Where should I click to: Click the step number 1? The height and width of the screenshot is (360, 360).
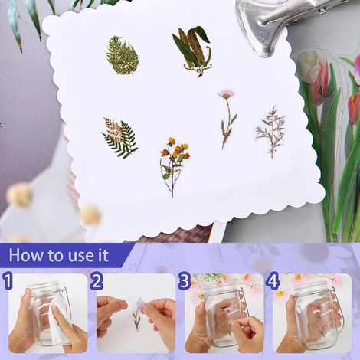tap(8, 280)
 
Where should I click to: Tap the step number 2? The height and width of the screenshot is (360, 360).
tap(97, 281)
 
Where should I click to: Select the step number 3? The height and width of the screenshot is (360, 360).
tap(185, 281)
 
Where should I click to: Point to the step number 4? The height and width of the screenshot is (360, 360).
tap(273, 281)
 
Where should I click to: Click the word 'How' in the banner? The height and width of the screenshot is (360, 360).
tap(27, 255)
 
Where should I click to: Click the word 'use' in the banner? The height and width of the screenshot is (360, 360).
tap(80, 256)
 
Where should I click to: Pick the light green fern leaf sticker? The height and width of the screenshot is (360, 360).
tap(123, 55)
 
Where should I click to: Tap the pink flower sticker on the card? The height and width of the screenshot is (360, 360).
tap(227, 119)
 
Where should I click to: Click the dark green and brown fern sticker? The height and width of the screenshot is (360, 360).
tap(120, 138)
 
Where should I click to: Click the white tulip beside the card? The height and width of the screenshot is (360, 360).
tap(309, 64)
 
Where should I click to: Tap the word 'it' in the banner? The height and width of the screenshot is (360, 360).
tap(103, 255)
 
